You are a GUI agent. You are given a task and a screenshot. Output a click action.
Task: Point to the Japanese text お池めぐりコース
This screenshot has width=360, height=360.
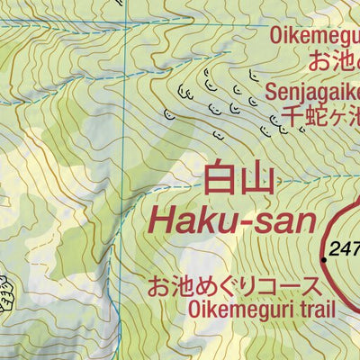(x=233, y=287)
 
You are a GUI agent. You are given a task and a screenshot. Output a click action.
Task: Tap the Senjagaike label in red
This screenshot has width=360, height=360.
(x=312, y=93)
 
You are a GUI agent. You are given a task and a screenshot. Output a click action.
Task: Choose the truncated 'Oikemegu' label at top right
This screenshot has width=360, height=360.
(x=315, y=36)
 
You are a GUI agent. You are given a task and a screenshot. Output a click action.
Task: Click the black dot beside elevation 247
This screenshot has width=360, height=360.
(x=324, y=258)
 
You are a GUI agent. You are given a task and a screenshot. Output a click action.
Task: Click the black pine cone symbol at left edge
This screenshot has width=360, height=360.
(x=6, y=292)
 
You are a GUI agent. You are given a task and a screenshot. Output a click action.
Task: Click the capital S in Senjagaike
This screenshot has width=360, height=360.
(x=272, y=93)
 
